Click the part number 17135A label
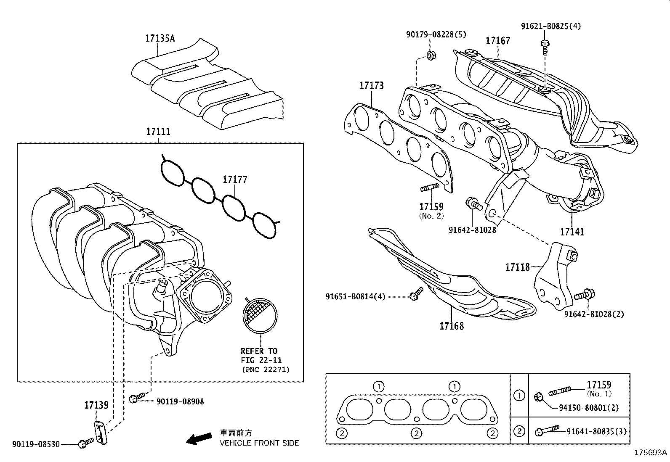pos(160,38)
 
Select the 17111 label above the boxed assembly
pos(158,131)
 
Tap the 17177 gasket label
pos(235,180)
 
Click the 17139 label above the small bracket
pos(96,405)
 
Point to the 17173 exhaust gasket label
pos(371,86)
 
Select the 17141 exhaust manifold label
pos(572,231)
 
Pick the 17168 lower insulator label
pos(452,326)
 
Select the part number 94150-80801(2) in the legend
pos(588,407)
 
